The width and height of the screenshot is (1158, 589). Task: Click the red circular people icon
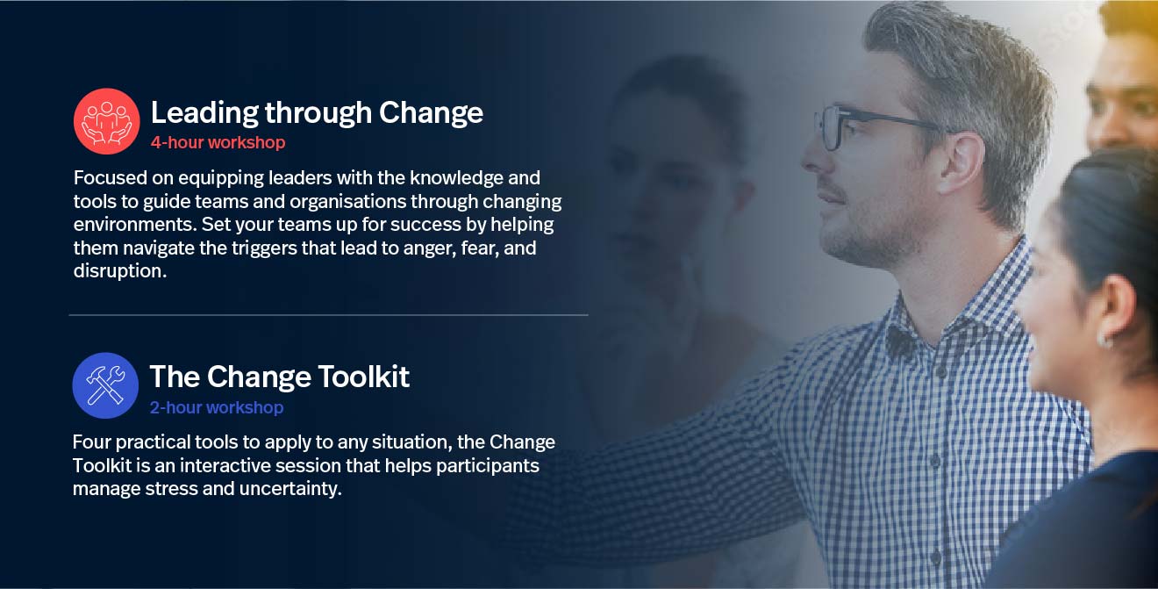click(x=106, y=121)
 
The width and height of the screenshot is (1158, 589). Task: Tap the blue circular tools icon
click(x=105, y=385)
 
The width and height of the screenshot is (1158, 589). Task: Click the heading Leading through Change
click(x=317, y=112)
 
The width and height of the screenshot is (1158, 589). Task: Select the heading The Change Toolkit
click(x=279, y=377)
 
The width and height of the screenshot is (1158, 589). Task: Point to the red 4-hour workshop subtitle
click(x=218, y=142)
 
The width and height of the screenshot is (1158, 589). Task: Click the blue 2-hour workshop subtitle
click(x=216, y=407)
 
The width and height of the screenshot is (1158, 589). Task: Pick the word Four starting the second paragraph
click(x=92, y=442)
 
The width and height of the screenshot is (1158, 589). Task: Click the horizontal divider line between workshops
click(x=328, y=314)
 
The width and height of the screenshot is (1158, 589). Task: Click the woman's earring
click(x=1104, y=339)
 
